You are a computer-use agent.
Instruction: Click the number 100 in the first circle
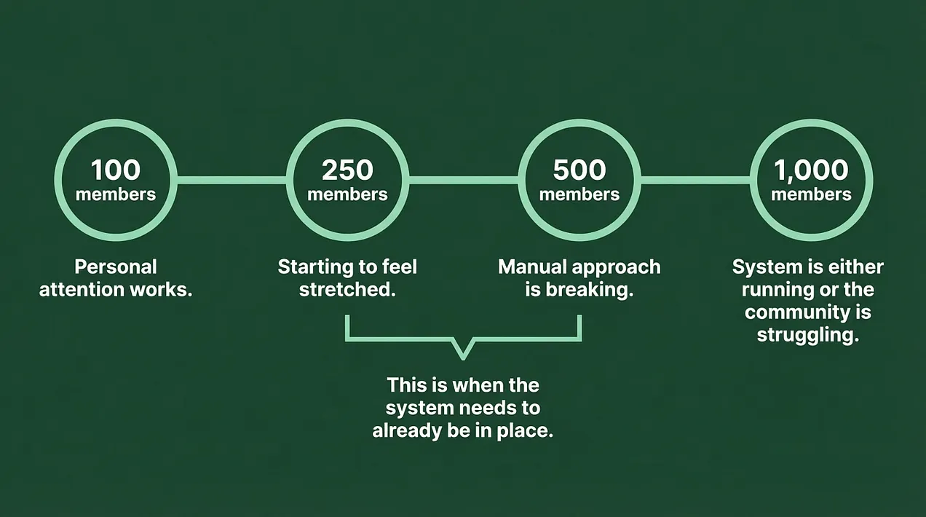[x=116, y=170]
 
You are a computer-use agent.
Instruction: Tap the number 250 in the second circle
[x=348, y=170]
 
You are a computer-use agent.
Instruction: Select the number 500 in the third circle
[x=579, y=170]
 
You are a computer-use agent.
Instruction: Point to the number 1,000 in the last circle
[x=811, y=170]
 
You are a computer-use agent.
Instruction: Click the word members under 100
[x=116, y=194]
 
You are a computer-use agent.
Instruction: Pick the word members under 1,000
[x=811, y=194]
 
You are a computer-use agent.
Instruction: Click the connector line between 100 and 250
[x=232, y=180]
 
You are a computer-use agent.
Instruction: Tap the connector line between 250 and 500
[x=464, y=180]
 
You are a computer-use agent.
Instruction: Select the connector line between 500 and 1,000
[x=696, y=180]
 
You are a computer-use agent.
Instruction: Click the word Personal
[x=116, y=267]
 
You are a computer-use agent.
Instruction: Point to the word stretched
[x=348, y=290]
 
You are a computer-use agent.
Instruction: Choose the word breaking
[x=590, y=290]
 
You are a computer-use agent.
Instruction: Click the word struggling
[x=808, y=335]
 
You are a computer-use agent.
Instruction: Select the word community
[x=796, y=312]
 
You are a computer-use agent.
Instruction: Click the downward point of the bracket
[x=464, y=358]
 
